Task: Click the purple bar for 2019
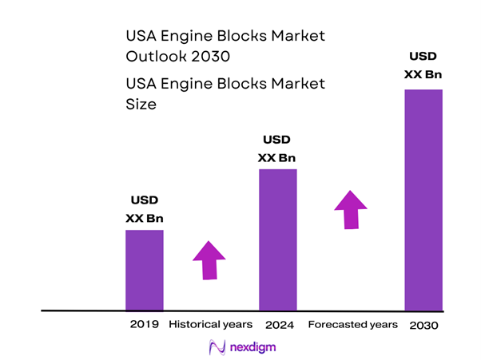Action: [145, 270]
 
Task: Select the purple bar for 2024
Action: [278, 239]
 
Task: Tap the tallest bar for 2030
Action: [423, 200]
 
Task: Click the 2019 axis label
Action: [145, 325]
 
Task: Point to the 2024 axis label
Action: [278, 325]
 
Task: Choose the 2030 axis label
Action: [423, 326]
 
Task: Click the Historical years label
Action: [210, 325]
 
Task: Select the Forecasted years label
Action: [352, 325]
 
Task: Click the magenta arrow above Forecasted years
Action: [350, 210]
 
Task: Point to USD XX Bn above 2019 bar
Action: [145, 210]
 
